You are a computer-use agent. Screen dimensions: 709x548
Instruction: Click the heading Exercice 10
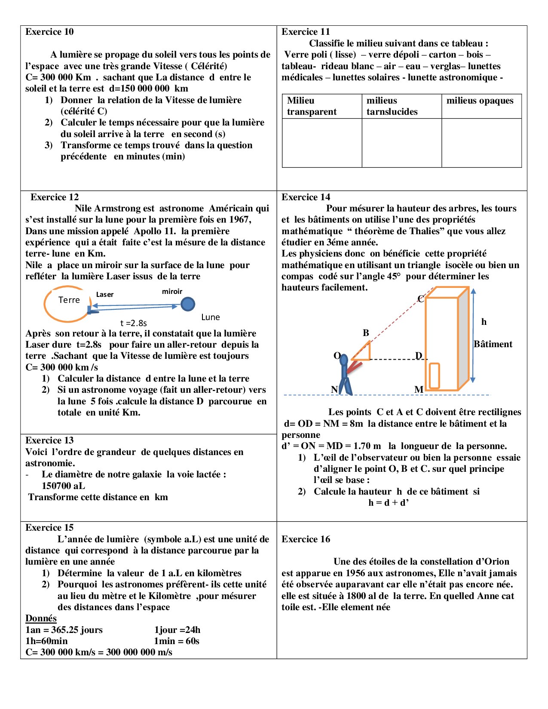click(49, 32)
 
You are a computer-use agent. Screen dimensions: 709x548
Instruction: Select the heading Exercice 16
click(306, 539)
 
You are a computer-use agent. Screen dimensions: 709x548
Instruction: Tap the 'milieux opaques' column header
click(480, 101)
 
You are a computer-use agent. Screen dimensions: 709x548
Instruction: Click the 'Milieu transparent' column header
click(312, 106)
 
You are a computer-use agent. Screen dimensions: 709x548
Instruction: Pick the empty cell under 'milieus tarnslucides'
click(401, 143)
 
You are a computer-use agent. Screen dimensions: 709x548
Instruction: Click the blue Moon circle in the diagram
click(188, 304)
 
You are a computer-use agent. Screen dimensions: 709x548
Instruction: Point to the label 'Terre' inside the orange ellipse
click(69, 300)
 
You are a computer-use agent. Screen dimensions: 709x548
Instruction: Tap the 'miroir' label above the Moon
click(172, 291)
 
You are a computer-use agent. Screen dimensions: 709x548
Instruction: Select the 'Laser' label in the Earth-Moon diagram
click(105, 294)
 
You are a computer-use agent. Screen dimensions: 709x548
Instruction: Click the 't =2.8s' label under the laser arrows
click(134, 323)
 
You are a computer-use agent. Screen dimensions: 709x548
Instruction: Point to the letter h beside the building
click(484, 322)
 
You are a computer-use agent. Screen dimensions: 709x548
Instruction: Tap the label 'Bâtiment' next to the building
click(493, 344)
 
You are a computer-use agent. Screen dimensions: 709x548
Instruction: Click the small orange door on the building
click(434, 376)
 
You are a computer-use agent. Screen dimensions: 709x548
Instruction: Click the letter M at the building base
click(419, 389)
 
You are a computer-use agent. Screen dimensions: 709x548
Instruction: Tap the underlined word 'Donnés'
click(41, 618)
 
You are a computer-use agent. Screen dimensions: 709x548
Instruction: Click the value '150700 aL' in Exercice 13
click(63, 486)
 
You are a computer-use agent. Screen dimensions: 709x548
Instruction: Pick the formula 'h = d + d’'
click(388, 503)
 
